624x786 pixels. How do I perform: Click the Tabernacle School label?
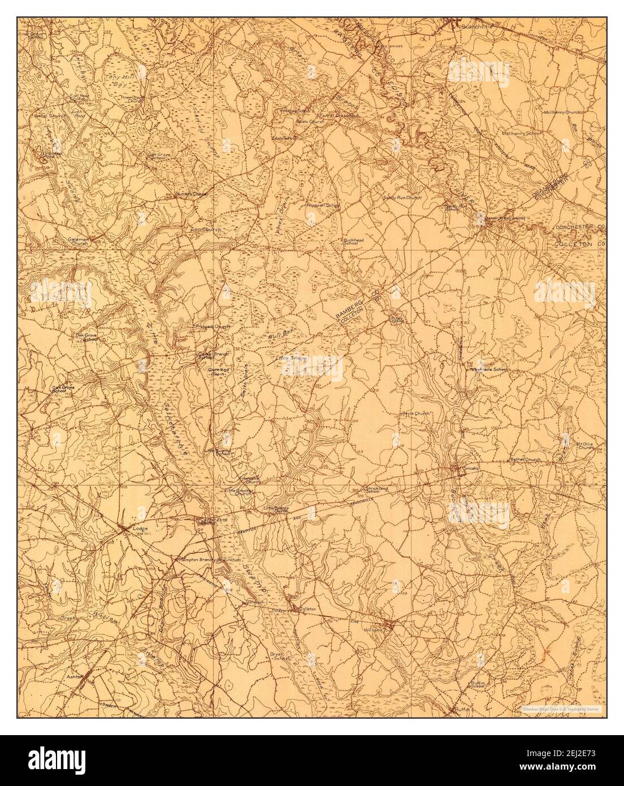point(491,369)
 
